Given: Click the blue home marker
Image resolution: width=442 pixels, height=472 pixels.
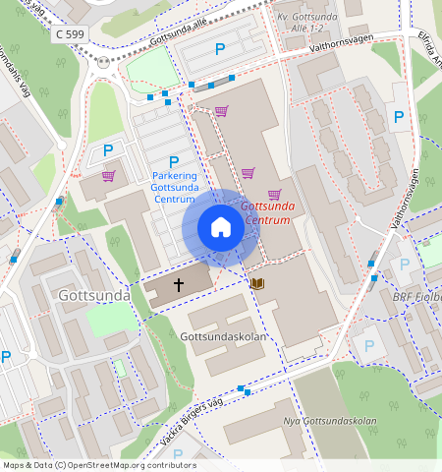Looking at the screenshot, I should tap(221, 228).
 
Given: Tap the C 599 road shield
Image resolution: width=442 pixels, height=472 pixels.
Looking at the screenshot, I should tap(71, 33).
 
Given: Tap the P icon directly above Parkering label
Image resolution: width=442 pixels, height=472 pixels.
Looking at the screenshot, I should tap(174, 162).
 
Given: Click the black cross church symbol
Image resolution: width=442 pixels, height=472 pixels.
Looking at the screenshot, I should tap(179, 284).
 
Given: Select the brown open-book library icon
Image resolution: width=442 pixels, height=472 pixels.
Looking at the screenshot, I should tap(257, 283).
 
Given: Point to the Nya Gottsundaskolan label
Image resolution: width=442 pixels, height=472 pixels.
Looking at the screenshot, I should tap(330, 422).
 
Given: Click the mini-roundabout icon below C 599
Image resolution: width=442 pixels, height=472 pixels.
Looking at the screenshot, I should tap(104, 62).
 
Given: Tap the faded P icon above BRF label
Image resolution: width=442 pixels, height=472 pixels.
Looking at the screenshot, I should tap(404, 265).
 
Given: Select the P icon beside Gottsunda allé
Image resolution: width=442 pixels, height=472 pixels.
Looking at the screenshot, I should tap(220, 48).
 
